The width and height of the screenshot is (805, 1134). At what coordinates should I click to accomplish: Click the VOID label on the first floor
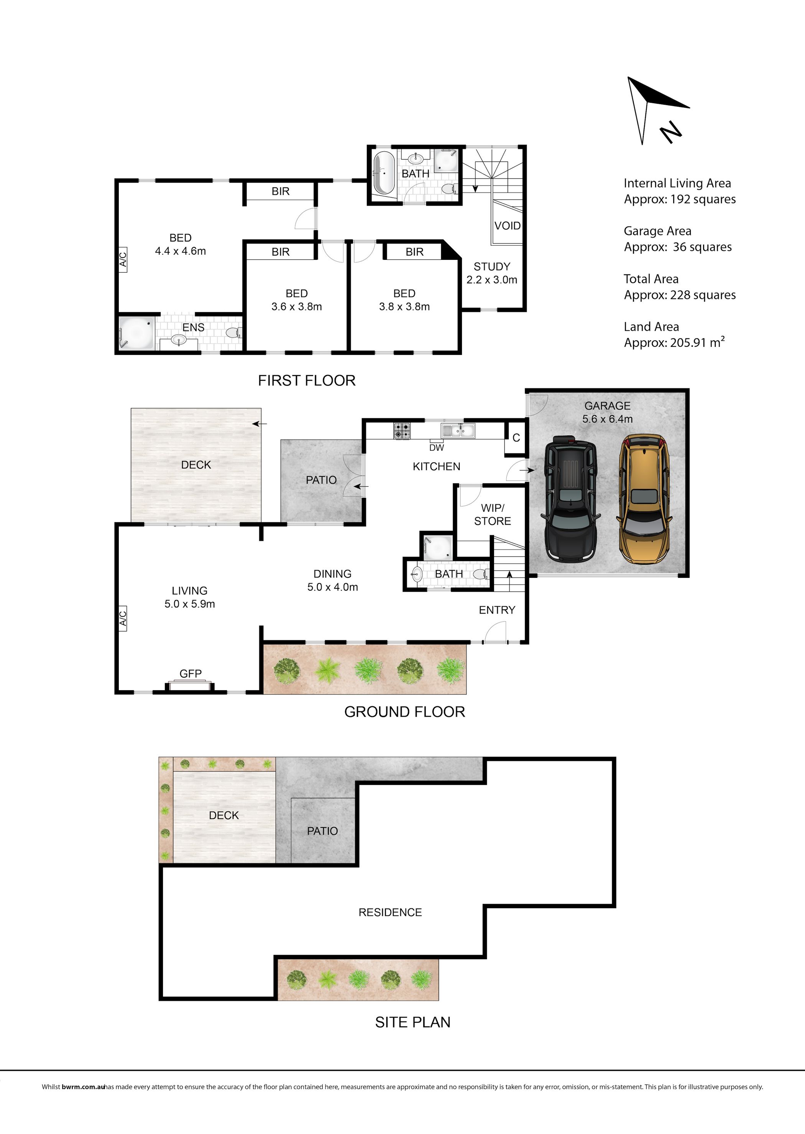(x=507, y=226)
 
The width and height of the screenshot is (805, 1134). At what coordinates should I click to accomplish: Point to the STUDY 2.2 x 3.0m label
(x=492, y=273)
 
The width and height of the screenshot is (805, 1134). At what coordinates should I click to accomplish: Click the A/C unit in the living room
(x=122, y=618)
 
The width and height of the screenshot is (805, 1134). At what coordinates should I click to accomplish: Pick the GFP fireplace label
(x=191, y=674)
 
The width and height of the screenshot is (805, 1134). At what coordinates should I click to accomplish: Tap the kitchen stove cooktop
(x=402, y=430)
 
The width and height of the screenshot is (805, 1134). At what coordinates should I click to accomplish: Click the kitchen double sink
(x=458, y=430)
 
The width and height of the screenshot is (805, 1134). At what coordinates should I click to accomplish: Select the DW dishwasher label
(x=436, y=448)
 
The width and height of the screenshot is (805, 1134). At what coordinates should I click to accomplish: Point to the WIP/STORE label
(x=492, y=514)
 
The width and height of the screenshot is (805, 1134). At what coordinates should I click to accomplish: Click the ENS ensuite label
(x=193, y=328)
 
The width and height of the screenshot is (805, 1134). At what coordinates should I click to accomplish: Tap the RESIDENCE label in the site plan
(x=390, y=912)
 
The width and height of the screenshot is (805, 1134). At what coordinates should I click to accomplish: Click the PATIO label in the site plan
(x=322, y=831)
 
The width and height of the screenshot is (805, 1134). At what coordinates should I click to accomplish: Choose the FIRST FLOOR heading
(x=307, y=381)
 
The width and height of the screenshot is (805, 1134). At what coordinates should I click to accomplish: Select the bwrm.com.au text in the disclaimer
(x=83, y=1087)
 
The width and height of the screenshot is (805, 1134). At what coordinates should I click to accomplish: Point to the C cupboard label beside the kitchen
(x=516, y=438)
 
